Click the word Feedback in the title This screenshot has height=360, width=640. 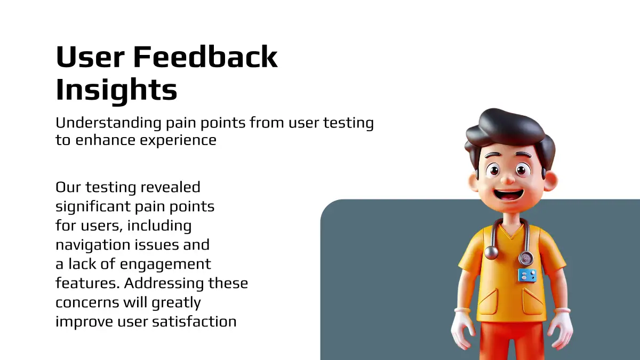coord(205,57)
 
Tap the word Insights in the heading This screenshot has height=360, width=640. coord(117,90)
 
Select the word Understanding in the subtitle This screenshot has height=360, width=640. coord(109,123)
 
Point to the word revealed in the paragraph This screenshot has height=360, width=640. coord(171,187)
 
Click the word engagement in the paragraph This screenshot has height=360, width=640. coord(165,265)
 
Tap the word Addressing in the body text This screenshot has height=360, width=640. coord(164,284)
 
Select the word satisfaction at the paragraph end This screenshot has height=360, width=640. coord(194,322)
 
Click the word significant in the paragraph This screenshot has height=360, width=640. coord(93,207)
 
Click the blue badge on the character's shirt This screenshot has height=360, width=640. coord(527,275)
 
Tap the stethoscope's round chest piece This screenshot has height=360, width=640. coord(526,259)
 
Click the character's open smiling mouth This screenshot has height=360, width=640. coord(508,196)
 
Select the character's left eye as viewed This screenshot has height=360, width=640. coord(494,171)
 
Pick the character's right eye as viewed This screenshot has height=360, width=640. coord(522,171)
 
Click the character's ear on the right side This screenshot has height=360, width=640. coord(550,181)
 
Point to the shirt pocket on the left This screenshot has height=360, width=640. coord(487,301)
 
